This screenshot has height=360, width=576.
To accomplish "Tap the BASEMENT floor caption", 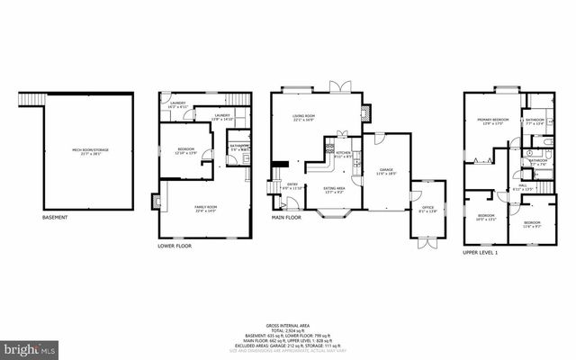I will (57, 217).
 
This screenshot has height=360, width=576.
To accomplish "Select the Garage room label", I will (387, 170).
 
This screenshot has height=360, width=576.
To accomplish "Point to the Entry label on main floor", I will (292, 186).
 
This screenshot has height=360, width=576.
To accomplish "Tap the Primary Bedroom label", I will (494, 121).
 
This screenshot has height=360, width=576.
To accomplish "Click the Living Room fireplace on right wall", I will (364, 113).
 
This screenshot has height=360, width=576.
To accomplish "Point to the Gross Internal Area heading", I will (289, 325).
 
